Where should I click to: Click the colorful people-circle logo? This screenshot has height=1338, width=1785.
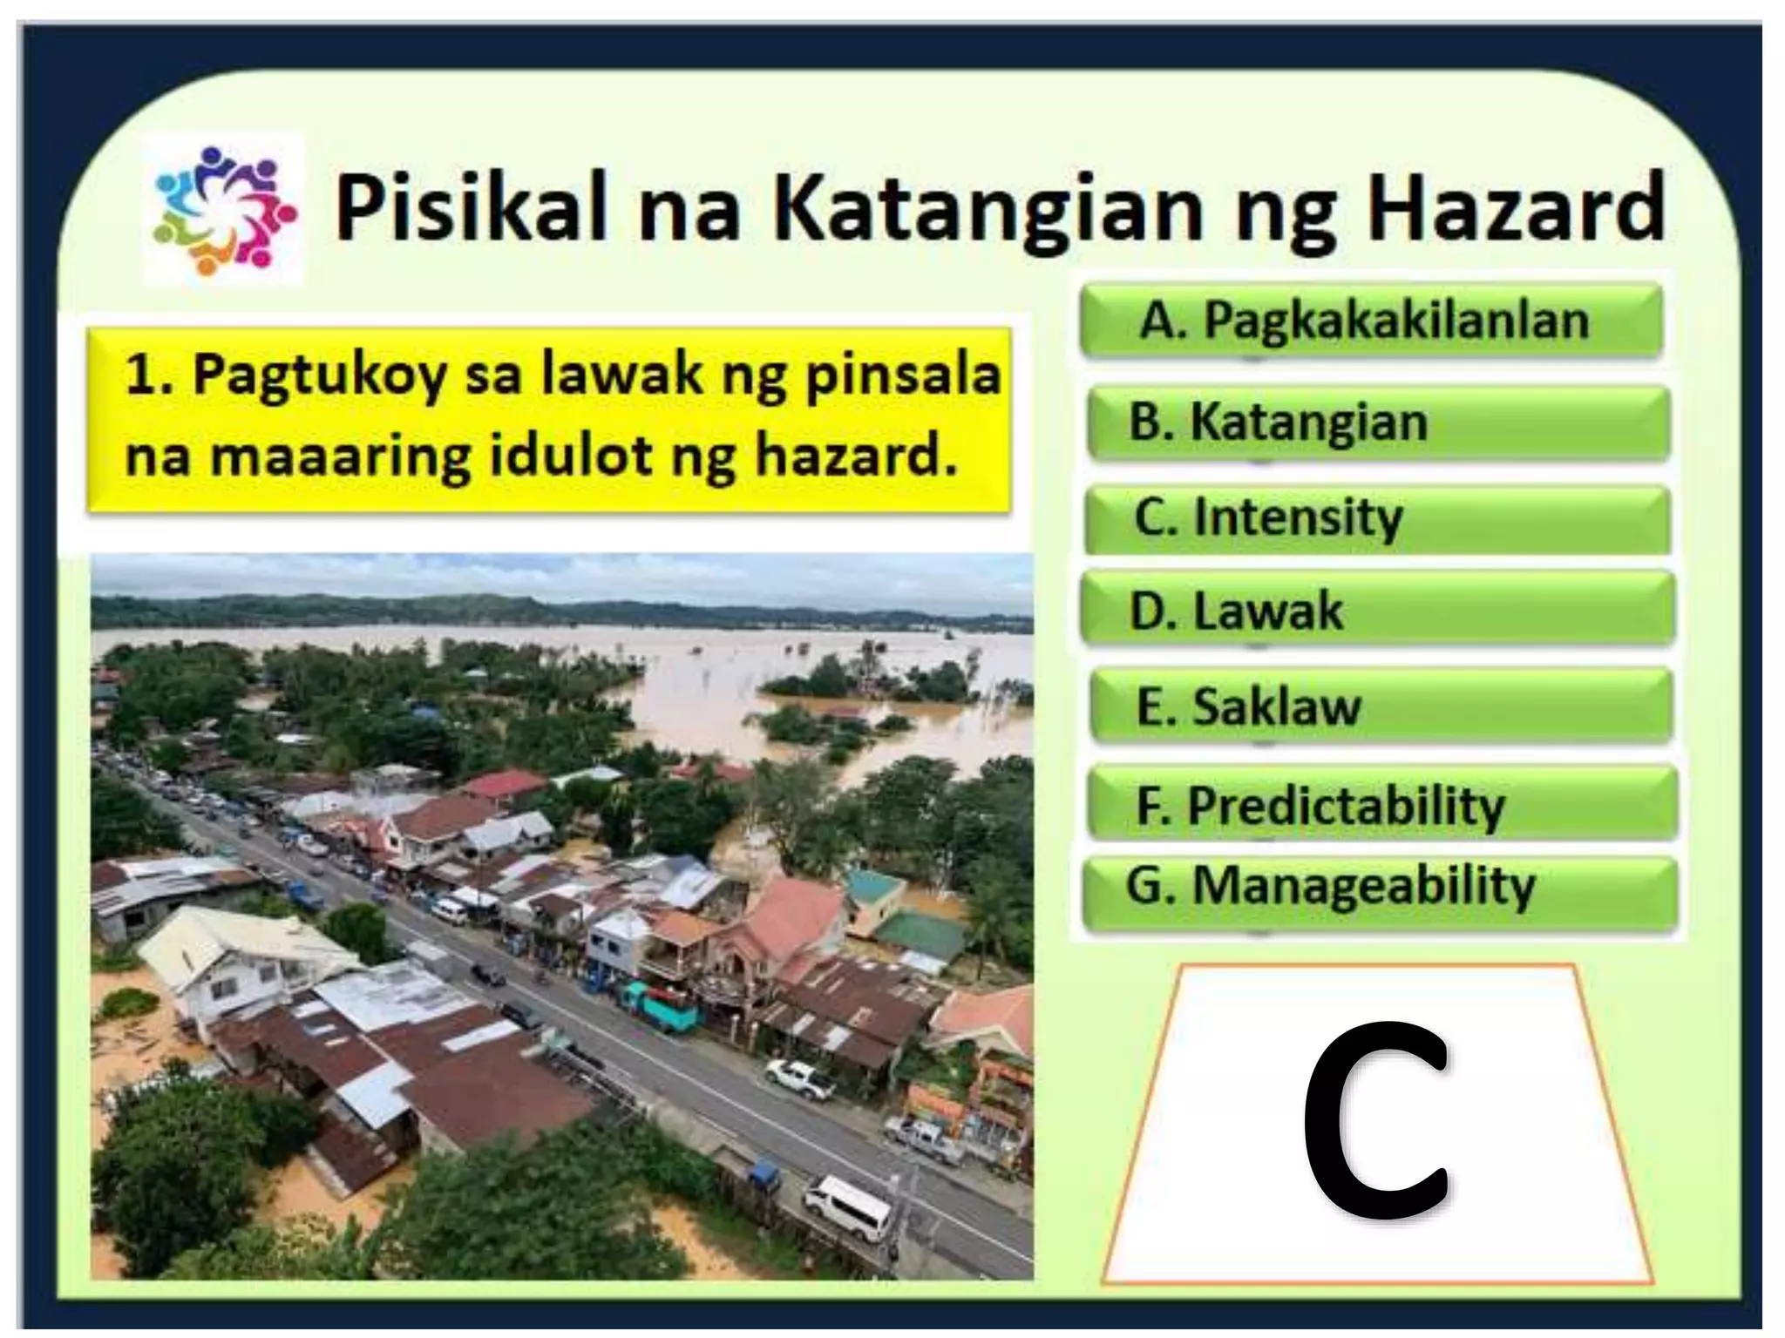tap(224, 209)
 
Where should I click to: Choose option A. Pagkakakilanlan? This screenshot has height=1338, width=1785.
tap(1369, 321)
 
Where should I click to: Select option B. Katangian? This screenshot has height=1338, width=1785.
tap(1377, 422)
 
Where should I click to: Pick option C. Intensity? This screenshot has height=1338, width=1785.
tap(1377, 518)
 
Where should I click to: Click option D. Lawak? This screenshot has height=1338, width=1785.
tap(1377, 611)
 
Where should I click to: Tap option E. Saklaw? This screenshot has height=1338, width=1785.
tap(1381, 706)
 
